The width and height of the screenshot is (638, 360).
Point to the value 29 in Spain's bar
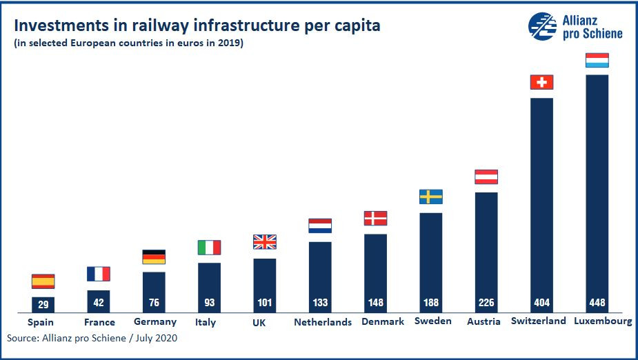[43, 304]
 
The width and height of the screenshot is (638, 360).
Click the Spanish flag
[43, 281]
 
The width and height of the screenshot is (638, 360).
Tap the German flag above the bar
[154, 257]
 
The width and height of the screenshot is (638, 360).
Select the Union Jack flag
[265, 242]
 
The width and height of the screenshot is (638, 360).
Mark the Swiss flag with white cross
[541, 82]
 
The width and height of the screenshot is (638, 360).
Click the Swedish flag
[431, 197]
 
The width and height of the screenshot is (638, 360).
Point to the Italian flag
[209, 247]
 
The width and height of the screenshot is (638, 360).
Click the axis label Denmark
[383, 321]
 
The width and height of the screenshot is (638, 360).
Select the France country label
[99, 322]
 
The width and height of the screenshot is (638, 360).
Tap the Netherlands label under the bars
[323, 322]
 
